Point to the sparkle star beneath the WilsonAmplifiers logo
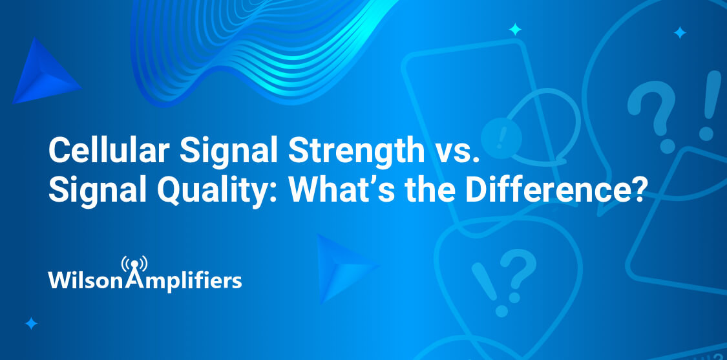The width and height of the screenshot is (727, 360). [31, 323]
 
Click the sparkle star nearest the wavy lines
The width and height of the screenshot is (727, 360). [514, 29]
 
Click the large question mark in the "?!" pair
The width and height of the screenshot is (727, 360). [651, 116]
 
